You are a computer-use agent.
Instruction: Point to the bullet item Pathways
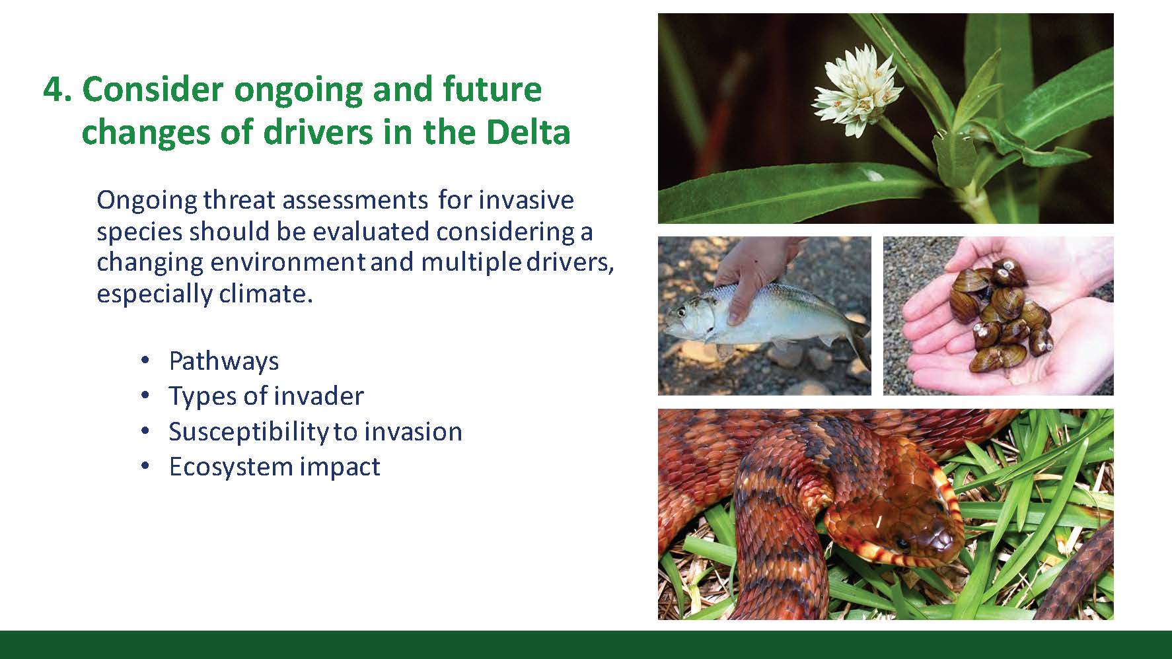223,361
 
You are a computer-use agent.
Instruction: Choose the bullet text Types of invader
266,396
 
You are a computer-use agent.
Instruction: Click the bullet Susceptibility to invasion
315,432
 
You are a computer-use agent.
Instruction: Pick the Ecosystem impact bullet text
274,467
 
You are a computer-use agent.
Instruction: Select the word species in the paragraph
139,232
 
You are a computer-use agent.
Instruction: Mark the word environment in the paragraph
287,262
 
